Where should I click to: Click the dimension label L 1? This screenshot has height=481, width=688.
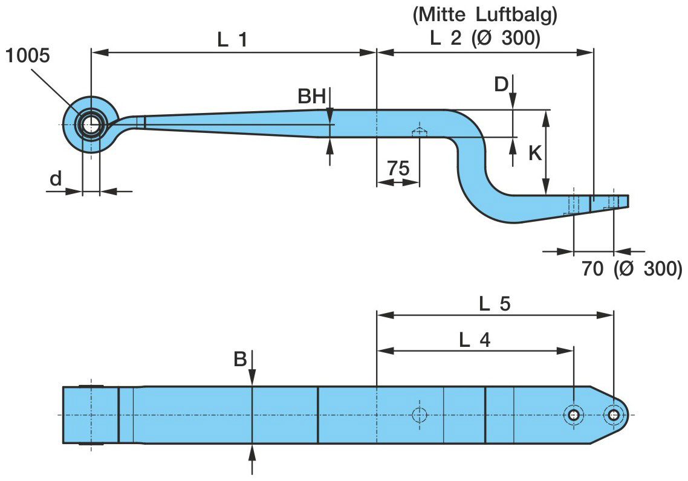click(233, 40)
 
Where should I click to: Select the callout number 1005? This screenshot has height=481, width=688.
click(28, 56)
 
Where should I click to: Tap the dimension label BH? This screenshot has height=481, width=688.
click(311, 97)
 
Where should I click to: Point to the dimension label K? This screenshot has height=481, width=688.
click(535, 153)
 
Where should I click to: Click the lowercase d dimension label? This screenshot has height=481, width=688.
click(56, 179)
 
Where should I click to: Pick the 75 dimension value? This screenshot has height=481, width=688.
click(398, 169)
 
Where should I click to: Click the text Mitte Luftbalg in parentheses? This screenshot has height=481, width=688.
click(484, 16)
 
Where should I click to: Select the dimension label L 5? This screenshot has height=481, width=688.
click(495, 304)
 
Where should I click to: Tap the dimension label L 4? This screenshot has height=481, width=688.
click(475, 340)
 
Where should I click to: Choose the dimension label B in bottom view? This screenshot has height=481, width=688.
click(241, 360)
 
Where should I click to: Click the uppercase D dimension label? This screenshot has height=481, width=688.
click(501, 85)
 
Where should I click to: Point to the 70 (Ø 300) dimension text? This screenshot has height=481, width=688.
click(632, 268)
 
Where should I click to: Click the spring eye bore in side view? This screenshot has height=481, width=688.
click(91, 125)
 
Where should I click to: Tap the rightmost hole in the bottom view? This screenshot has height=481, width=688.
click(614, 415)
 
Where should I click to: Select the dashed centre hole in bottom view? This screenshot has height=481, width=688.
click(419, 415)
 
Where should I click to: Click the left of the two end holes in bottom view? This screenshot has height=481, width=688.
click(573, 415)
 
